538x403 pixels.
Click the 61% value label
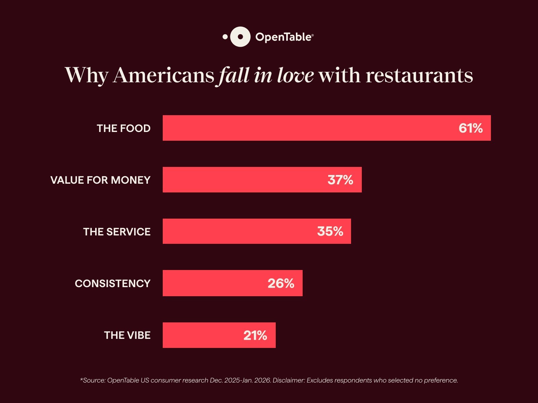(x=470, y=128)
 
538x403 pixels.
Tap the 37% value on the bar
(x=340, y=180)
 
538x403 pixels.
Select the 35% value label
(x=330, y=231)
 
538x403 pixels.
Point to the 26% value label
(x=281, y=283)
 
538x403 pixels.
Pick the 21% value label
(x=255, y=335)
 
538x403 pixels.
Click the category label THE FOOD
(x=123, y=128)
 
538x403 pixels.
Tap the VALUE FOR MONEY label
(x=100, y=180)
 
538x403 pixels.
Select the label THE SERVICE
(x=117, y=232)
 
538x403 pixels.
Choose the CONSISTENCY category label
(x=112, y=283)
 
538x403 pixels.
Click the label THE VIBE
(x=127, y=335)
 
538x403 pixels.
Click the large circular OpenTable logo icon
(x=240, y=37)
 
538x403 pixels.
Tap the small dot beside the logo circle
(x=225, y=37)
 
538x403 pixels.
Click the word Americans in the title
(x=163, y=75)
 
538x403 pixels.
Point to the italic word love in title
(x=295, y=75)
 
